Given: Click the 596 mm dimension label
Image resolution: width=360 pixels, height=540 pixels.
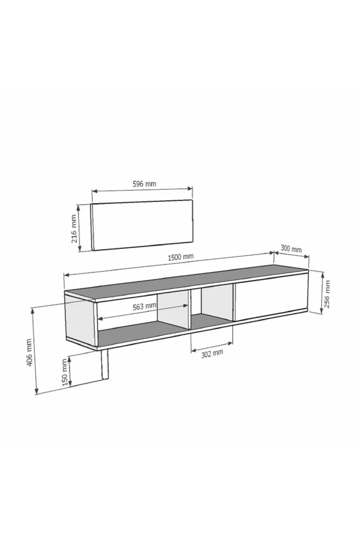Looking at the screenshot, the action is click(144, 184).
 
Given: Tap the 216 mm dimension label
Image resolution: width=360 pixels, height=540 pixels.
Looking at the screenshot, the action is click(74, 229).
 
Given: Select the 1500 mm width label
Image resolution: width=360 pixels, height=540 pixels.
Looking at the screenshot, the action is click(180, 257).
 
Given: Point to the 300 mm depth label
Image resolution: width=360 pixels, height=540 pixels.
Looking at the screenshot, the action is click(291, 248).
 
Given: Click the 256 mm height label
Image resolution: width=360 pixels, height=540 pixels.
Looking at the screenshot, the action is click(327, 294).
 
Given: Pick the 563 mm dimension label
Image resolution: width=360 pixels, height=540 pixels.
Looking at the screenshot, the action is click(144, 306).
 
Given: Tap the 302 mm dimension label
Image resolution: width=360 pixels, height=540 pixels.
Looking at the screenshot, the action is click(212, 354).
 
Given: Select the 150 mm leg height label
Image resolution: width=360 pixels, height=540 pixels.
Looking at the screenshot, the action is click(64, 372).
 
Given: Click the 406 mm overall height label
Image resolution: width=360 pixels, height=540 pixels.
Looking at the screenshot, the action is click(29, 352).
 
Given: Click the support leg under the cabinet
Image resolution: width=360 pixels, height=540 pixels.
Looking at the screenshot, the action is click(104, 364).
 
